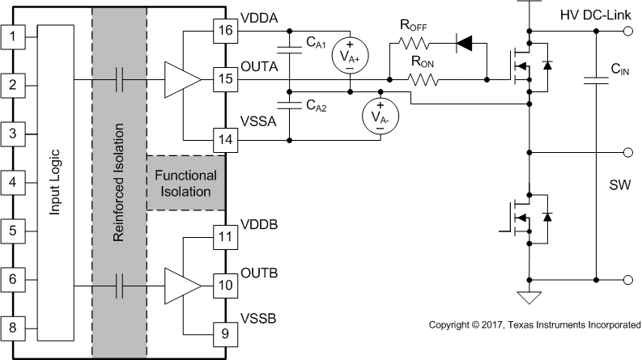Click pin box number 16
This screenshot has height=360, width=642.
(223, 32)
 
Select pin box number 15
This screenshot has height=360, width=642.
(223, 79)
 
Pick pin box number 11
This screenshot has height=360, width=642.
(223, 238)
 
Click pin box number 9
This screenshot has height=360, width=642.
(223, 332)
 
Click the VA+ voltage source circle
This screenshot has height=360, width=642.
(350, 53)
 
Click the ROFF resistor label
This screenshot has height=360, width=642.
(413, 26)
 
